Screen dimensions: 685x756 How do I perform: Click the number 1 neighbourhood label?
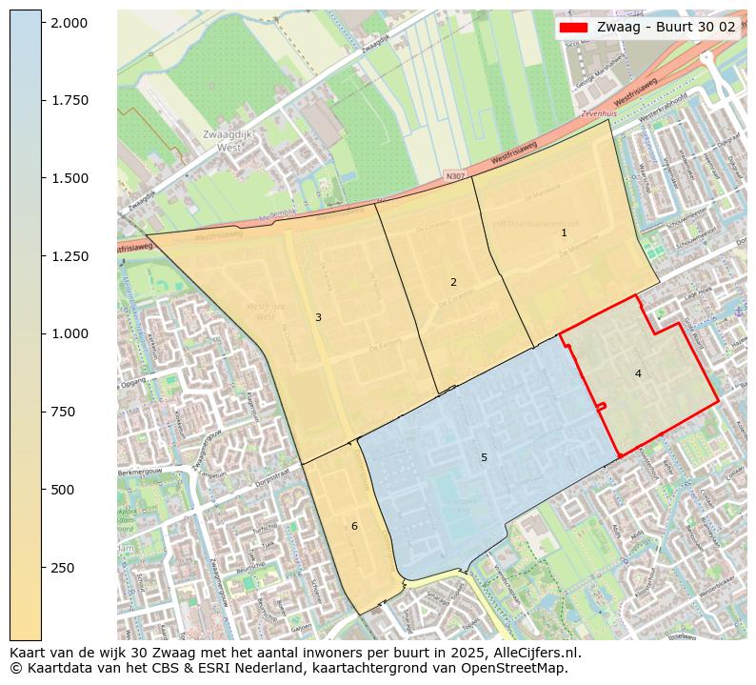click(x=564, y=232)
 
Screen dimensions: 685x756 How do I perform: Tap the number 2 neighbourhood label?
click(x=453, y=282)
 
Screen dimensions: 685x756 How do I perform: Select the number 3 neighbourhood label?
click(x=318, y=317)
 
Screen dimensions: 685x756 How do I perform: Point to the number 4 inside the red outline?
click(x=638, y=373)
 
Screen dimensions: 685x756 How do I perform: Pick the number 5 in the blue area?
click(x=484, y=458)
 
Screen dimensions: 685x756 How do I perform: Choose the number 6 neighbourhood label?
click(x=354, y=526)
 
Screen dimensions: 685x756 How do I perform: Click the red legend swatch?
click(x=573, y=28)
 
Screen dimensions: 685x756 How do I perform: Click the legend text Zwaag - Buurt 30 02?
click(x=666, y=28)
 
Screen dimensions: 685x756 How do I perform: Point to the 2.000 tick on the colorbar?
click(x=69, y=22)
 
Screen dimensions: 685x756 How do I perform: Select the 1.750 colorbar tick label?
click(x=69, y=100)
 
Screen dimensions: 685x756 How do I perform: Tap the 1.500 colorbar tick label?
click(x=69, y=178)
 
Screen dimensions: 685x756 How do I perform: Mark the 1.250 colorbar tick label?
click(x=69, y=256)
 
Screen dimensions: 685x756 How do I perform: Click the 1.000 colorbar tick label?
click(x=69, y=333)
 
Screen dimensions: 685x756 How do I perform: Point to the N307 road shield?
click(x=455, y=177)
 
